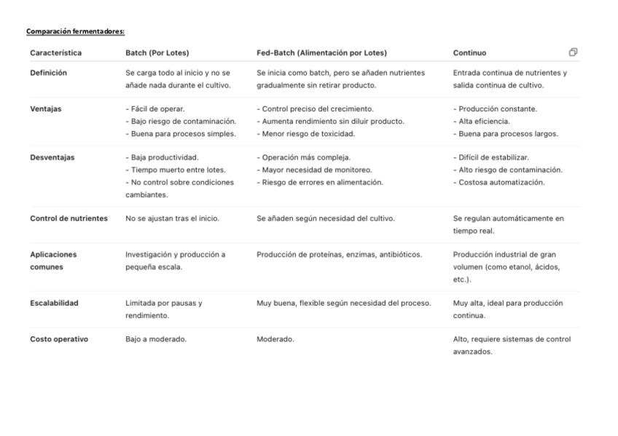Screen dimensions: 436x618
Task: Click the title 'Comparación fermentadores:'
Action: pyautogui.click(x=75, y=31)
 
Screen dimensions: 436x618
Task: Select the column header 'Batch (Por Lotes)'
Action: pyautogui.click(x=157, y=53)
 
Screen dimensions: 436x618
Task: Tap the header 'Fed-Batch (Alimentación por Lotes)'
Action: pyautogui.click(x=321, y=53)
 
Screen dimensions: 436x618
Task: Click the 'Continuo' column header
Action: pyautogui.click(x=469, y=53)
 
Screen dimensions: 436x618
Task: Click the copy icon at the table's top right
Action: pyautogui.click(x=573, y=52)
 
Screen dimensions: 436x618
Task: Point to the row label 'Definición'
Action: pyautogui.click(x=48, y=73)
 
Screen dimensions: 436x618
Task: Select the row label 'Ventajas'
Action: pyautogui.click(x=46, y=109)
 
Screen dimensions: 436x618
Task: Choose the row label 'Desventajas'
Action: pyautogui.click(x=52, y=157)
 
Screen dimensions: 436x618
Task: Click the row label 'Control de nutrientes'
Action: pyautogui.click(x=69, y=218)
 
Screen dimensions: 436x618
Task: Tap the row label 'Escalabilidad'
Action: pyautogui.click(x=54, y=303)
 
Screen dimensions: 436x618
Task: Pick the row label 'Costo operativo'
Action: pyautogui.click(x=59, y=339)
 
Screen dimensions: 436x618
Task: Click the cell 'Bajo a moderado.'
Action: pyautogui.click(x=156, y=339)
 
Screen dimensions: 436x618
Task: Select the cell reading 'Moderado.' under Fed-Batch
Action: pyautogui.click(x=275, y=339)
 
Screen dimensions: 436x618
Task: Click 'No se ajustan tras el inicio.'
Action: pyautogui.click(x=172, y=218)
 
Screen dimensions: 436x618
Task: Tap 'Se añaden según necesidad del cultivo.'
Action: pyautogui.click(x=326, y=218)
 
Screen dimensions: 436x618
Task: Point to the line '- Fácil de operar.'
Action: pyautogui.click(x=155, y=109)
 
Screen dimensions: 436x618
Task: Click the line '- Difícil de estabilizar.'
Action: pyautogui.click(x=491, y=157)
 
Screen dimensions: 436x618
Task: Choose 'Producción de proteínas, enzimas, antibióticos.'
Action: pyautogui.click(x=339, y=255)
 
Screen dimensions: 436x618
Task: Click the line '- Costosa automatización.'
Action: pyautogui.click(x=498, y=182)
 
